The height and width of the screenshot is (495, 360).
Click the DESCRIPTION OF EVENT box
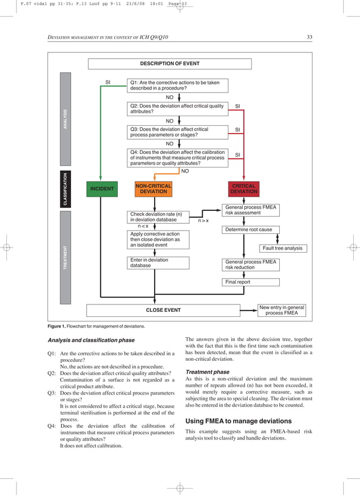pos(170,64)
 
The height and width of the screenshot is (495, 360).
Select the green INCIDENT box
pos(102,188)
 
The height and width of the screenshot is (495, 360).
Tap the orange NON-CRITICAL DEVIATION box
pos(153,188)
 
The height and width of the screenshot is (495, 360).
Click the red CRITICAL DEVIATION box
pos(244,188)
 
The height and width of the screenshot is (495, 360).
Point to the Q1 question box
pos(178,85)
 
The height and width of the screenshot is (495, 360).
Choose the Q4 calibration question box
pos(178,157)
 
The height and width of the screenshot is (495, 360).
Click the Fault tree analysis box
pos(283,248)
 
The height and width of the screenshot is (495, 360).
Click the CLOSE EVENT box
pos(163,310)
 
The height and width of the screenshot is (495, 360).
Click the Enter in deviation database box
pos(154,263)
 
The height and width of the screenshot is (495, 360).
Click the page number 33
pos(309,37)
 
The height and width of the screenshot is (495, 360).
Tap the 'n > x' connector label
pos(203,221)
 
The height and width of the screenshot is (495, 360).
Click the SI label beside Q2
pos(237,105)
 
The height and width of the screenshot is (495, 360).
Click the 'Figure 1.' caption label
pos(57,326)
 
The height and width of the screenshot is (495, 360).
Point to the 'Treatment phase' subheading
pos(207,372)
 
